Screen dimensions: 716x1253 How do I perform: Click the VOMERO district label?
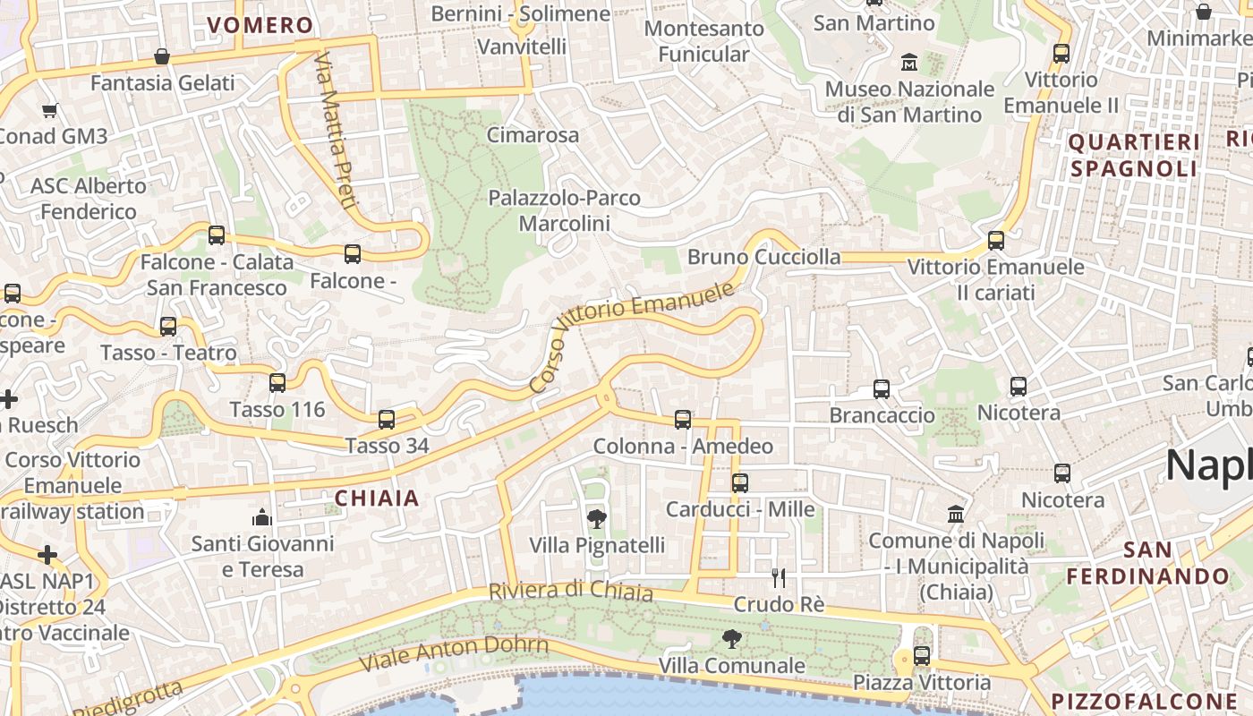pos(260,25)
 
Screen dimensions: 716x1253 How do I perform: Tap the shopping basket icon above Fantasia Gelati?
pos(162,56)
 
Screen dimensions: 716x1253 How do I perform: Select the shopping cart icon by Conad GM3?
pos(49,111)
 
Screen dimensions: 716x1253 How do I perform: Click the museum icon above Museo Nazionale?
pos(909,62)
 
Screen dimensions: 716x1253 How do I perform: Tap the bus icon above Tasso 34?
pos(387,419)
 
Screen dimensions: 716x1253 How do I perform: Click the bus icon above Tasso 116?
pos(277,383)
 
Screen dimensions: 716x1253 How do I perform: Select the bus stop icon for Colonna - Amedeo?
pos(683,419)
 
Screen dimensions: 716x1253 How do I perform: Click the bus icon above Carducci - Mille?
pos(740,482)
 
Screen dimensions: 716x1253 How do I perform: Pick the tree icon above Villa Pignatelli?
pos(596,518)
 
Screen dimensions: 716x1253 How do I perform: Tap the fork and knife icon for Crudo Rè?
pos(779,577)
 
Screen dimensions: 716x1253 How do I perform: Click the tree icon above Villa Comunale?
pos(731,638)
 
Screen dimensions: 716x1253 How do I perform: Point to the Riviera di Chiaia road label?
pos(570,592)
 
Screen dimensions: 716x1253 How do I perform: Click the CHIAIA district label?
pos(377,499)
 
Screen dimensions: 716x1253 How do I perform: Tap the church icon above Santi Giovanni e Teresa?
pos(261,516)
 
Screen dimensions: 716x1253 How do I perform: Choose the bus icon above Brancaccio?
pos(882,388)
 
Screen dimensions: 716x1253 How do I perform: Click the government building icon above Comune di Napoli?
pos(956,515)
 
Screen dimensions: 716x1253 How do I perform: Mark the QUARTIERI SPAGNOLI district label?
pos(1134,155)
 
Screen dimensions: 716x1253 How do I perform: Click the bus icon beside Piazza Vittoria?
pos(922,656)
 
